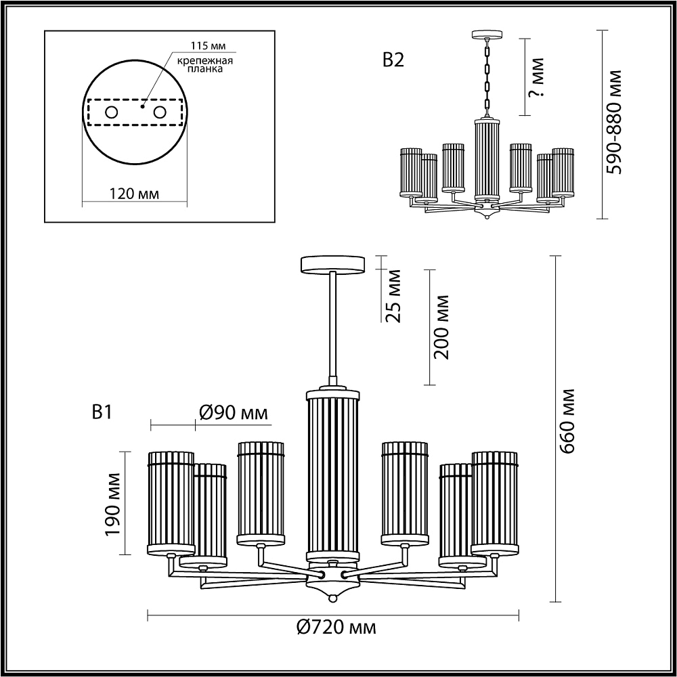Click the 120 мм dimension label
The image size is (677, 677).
click(x=134, y=194)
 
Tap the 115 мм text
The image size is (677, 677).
click(x=209, y=46)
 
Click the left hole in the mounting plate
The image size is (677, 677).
click(x=112, y=112)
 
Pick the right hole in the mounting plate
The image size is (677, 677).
click(x=160, y=112)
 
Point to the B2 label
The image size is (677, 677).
click(x=393, y=60)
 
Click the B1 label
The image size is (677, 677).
click(x=102, y=412)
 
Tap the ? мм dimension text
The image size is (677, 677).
click(x=537, y=77)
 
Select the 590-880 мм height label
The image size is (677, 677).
click(x=614, y=122)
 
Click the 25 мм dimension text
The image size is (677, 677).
click(x=393, y=296)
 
